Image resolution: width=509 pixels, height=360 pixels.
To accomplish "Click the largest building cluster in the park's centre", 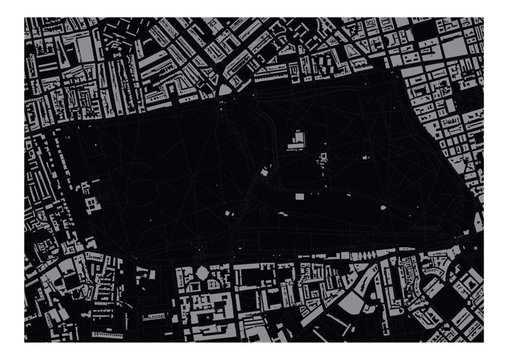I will point(297,140).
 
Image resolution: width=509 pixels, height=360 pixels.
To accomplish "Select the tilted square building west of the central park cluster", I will point(264,171).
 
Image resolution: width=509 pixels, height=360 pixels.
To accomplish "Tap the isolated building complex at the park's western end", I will point(94,205).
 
